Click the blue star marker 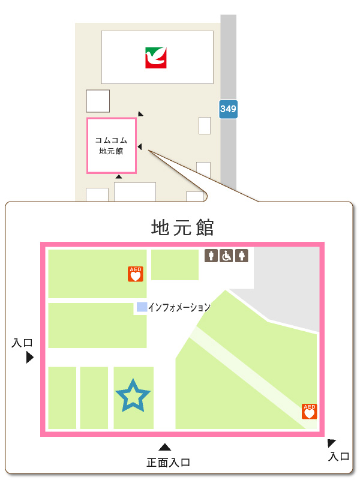(133, 395)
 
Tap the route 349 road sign (228, 109)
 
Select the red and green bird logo (156, 58)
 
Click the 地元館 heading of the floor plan (182, 228)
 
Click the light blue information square (142, 307)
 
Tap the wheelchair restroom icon (227, 256)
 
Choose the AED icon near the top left (135, 274)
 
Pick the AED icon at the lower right (309, 411)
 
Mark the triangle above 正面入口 (165, 447)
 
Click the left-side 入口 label (22, 343)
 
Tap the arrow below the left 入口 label (29, 358)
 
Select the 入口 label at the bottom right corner (339, 457)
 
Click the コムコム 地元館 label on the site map (112, 146)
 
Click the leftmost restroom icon (211, 256)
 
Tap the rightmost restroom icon (242, 256)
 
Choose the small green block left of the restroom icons (175, 265)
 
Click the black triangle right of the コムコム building (139, 147)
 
